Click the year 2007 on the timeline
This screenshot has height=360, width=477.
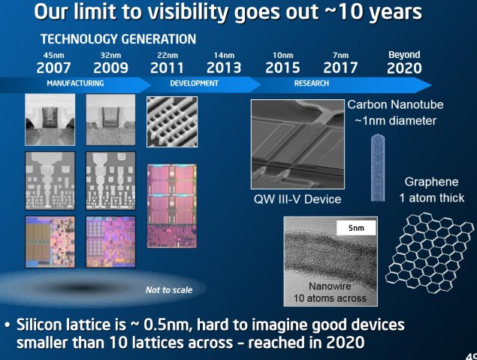[54, 68]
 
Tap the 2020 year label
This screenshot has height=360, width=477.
[404, 68]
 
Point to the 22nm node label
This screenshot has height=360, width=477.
[166, 55]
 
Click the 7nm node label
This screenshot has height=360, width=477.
[341, 55]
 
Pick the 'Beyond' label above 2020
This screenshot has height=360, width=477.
[404, 55]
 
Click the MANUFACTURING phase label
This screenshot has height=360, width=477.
[75, 83]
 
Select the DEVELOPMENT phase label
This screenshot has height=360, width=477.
[194, 83]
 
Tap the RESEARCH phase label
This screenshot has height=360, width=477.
[311, 83]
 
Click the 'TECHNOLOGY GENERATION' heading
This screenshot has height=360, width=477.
[118, 38]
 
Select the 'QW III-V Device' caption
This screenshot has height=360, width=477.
[298, 199]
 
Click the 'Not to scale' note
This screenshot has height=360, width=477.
[168, 289]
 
